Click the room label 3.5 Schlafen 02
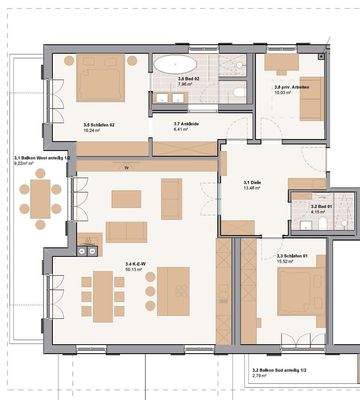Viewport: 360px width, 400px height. pyautogui.click(x=99, y=126)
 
